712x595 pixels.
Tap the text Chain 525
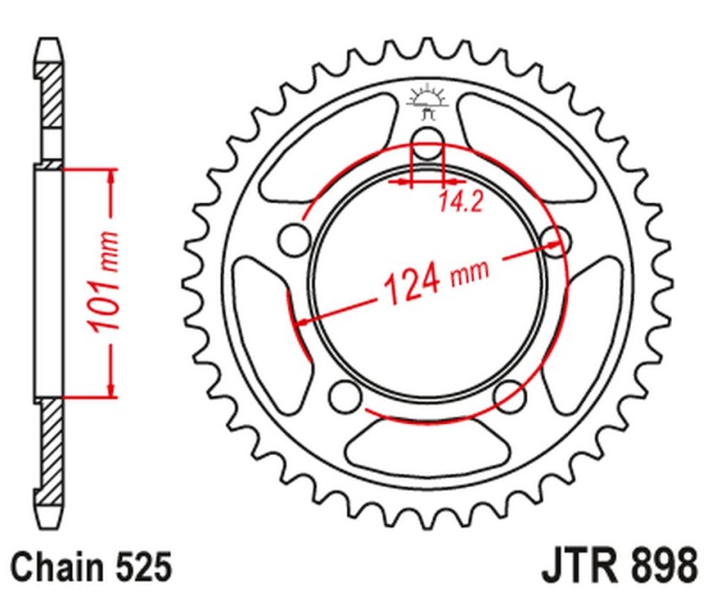point(90,566)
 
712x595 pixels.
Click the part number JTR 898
point(617,566)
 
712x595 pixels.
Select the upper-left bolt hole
point(290,239)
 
